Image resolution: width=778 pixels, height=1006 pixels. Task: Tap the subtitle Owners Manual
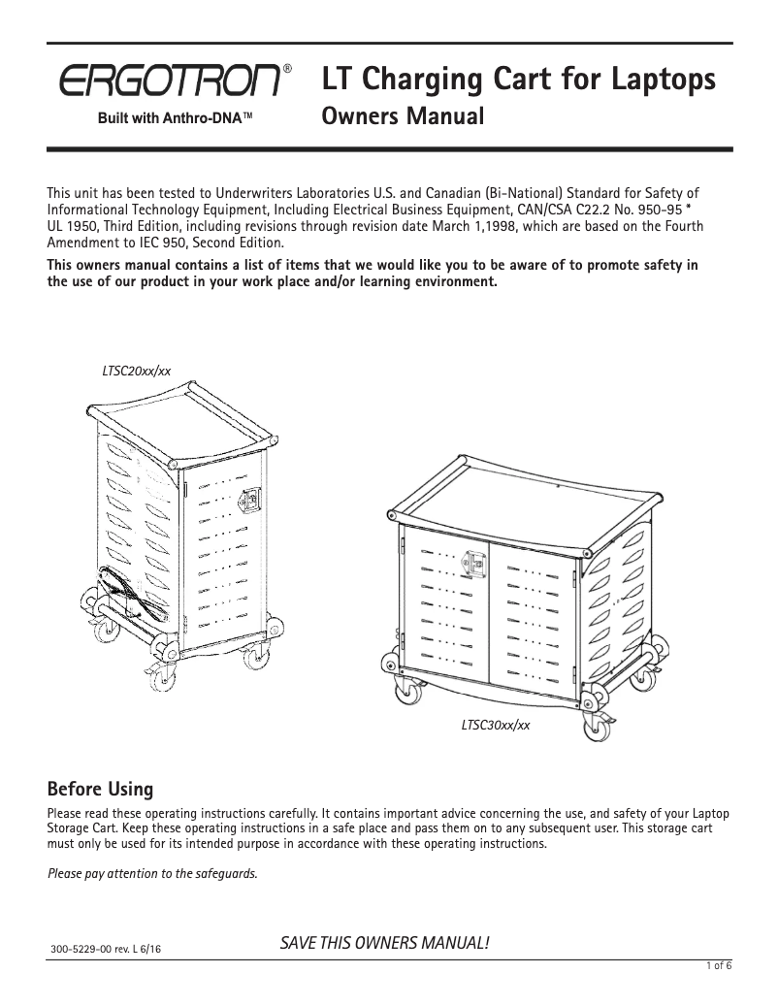click(402, 118)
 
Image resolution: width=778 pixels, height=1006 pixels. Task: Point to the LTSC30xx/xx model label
click(495, 724)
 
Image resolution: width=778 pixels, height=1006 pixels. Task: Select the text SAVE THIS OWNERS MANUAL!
click(384, 943)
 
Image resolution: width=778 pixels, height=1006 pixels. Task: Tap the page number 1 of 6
click(718, 964)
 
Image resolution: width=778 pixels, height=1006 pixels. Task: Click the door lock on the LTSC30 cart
click(475, 564)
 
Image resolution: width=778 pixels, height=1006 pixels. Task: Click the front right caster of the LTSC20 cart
click(256, 659)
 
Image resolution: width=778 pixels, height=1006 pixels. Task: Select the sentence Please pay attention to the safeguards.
click(153, 873)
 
